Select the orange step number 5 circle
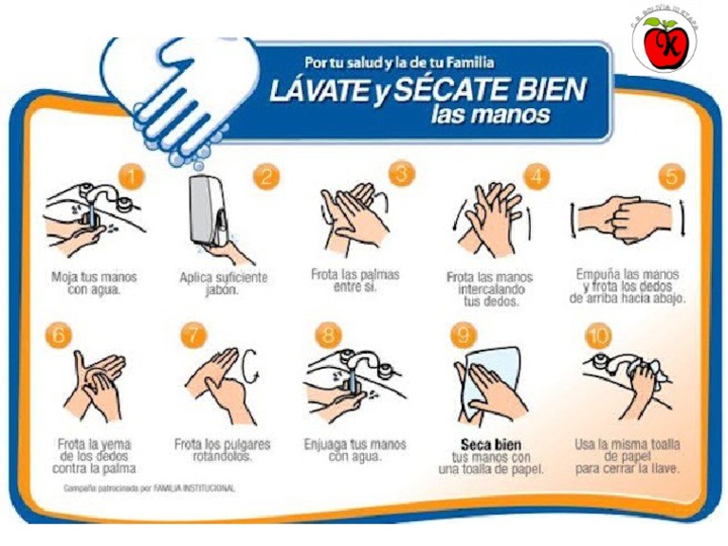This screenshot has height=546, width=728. point(672,175)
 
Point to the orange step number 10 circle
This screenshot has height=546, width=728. point(600,336)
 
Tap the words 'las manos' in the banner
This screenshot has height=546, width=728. point(489,116)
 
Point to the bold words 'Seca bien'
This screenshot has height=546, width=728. point(490,445)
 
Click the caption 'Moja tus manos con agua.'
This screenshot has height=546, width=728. point(94,284)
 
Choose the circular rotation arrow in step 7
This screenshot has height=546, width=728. point(251,365)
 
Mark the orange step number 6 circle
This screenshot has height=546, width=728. point(59,336)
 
